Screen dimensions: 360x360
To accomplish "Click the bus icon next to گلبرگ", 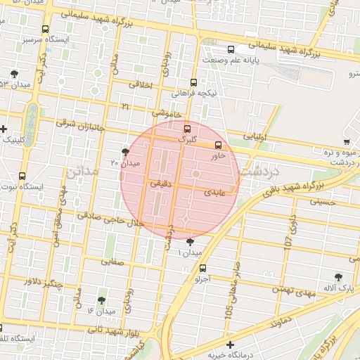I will pyautogui.click(x=187, y=129).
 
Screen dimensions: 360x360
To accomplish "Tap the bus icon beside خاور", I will pyautogui.click(x=218, y=145).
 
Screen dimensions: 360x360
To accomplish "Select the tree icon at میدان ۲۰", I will pyautogui.click(x=126, y=151).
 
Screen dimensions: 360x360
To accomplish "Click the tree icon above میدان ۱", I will pyautogui.click(x=190, y=241).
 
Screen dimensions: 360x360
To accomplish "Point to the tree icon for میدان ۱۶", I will pyautogui.click(x=102, y=300).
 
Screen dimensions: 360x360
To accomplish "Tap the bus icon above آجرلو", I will pyautogui.click(x=203, y=268).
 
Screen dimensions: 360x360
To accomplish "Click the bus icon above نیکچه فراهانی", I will pyautogui.click(x=194, y=82).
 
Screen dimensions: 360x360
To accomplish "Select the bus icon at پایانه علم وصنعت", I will pyautogui.click(x=231, y=49).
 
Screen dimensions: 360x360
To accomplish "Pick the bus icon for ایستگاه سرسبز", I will pyautogui.click(x=46, y=30).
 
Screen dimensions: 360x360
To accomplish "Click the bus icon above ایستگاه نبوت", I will pyautogui.click(x=22, y=176).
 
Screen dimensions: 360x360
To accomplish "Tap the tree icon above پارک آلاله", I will pyautogui.click(x=339, y=277).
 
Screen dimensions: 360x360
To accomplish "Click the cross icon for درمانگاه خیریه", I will pyautogui.click(x=230, y=345).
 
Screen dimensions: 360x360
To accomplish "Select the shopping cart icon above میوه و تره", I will pyautogui.click(x=347, y=141).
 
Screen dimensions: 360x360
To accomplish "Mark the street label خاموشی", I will pyautogui.click(x=167, y=113).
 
